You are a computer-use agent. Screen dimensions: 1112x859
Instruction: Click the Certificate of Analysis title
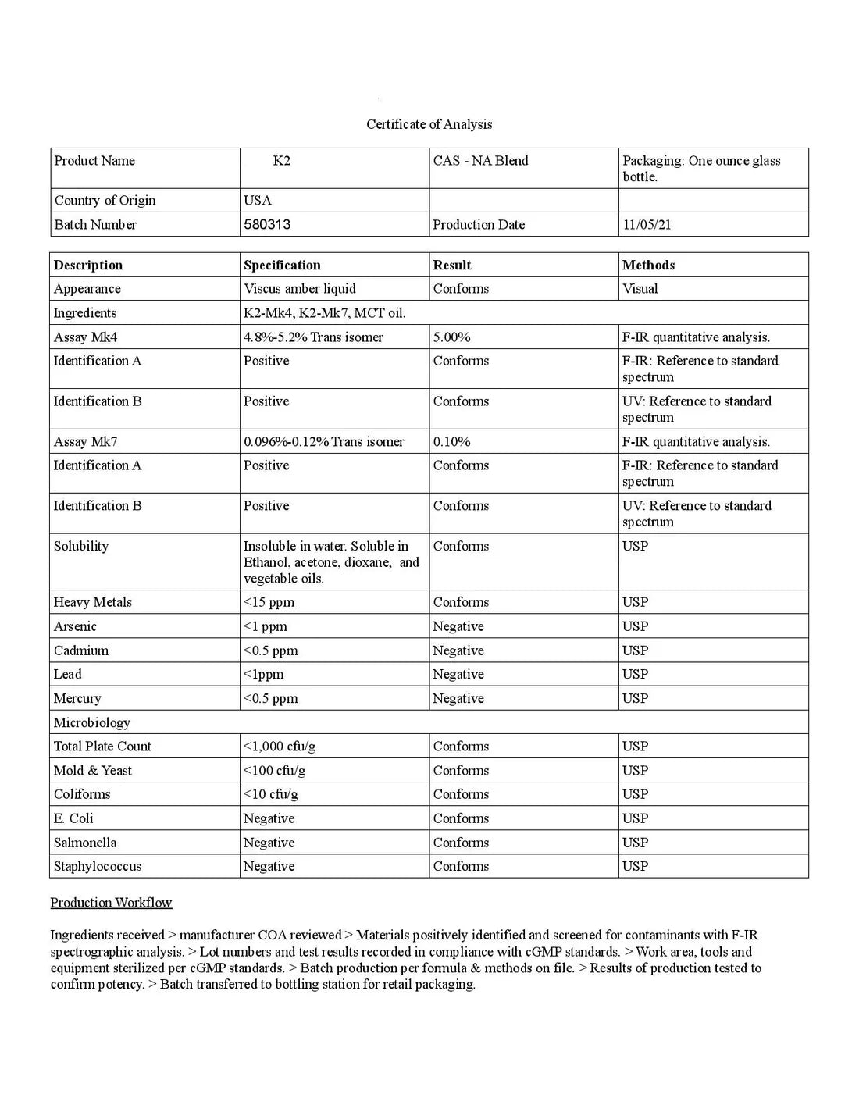coord(429,124)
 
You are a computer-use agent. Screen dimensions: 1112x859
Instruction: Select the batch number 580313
coord(267,224)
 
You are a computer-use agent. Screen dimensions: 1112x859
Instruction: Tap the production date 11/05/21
coord(647,224)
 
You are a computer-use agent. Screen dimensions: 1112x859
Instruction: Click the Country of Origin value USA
coord(258,200)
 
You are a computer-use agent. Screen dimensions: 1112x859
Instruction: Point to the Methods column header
coord(648,265)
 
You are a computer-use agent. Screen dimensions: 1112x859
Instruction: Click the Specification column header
coord(282,265)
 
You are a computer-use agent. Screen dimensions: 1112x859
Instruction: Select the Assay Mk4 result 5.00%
coord(451,337)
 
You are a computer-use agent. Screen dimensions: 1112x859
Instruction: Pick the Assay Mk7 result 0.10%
coord(451,441)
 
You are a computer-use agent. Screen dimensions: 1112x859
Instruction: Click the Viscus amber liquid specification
coord(299,288)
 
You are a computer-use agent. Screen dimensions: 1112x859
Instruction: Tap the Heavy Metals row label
coord(92,602)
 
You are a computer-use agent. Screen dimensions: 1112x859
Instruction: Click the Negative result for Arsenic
coord(458,626)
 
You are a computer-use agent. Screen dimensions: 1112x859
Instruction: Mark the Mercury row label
coord(77,698)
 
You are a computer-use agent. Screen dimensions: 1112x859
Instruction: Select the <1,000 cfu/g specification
coord(280,746)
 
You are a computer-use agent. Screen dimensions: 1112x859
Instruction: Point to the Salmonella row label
coord(85,843)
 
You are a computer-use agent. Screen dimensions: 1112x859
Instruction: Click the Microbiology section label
coord(92,722)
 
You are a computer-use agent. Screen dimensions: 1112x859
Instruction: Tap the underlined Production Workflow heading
coord(111,903)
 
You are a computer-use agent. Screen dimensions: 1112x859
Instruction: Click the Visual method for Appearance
coord(640,288)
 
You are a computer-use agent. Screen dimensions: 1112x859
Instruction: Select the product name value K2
coord(282,161)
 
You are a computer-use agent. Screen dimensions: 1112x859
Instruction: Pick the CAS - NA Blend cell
coord(480,161)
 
